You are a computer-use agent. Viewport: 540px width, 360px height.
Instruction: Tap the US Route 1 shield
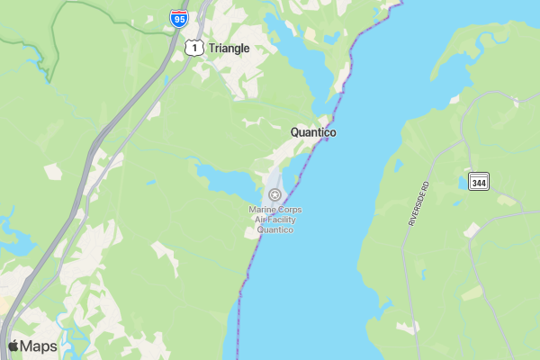coord(193,48)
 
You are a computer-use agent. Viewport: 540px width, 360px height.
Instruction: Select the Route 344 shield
coord(478,181)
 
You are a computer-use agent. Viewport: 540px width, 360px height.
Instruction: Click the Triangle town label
coord(229,49)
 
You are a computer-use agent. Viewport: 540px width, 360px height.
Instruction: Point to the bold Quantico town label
coord(313,132)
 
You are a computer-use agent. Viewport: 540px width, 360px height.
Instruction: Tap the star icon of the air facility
coord(275,194)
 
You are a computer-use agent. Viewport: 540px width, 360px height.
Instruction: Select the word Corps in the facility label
coord(290,210)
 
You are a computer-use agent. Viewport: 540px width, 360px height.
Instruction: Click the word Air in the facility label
coord(259,220)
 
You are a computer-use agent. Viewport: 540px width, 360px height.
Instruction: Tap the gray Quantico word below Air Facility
coord(275,229)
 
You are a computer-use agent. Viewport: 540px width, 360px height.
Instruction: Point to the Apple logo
coord(13,346)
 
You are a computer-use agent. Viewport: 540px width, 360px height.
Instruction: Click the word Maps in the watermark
coord(39,346)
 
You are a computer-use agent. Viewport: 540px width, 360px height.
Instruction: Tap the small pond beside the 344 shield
coord(462,183)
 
